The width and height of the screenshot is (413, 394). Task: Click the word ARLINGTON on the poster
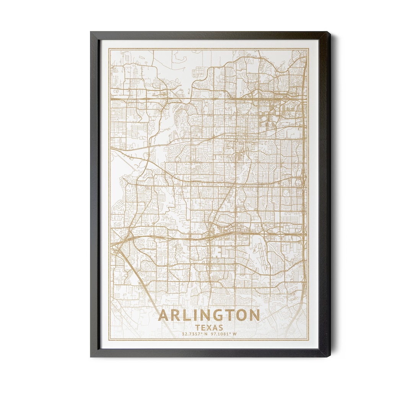[209, 316]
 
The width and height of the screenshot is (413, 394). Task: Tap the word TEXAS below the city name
[209, 328]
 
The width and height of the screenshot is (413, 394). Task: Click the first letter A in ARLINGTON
[163, 316]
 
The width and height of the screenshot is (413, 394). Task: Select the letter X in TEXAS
[209, 328]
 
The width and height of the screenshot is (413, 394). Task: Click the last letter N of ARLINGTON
[254, 316]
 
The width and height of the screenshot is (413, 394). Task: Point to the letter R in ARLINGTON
[175, 316]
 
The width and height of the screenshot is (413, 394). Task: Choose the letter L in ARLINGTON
[185, 316]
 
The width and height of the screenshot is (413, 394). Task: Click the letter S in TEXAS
[221, 328]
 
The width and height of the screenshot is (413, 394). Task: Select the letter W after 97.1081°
[235, 334]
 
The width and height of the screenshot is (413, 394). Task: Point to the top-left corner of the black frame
[91, 32]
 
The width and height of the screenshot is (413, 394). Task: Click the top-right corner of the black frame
[329, 32]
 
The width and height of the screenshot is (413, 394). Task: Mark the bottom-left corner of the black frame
[91, 357]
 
